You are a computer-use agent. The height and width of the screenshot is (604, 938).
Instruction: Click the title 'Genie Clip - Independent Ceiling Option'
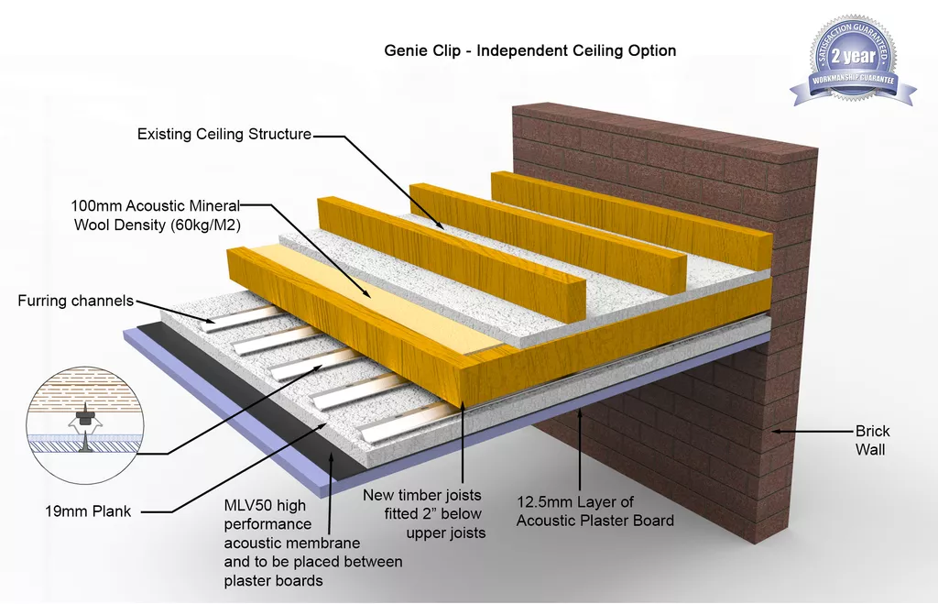[x=529, y=50]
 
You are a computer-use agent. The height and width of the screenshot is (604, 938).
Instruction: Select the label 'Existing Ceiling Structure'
[x=224, y=135]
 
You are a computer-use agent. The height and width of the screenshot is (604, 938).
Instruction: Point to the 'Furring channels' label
[x=76, y=301]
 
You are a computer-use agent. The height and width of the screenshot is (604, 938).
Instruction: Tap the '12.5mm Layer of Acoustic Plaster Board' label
[x=595, y=511]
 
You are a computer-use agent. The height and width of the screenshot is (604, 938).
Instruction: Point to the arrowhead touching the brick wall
[x=775, y=429]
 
